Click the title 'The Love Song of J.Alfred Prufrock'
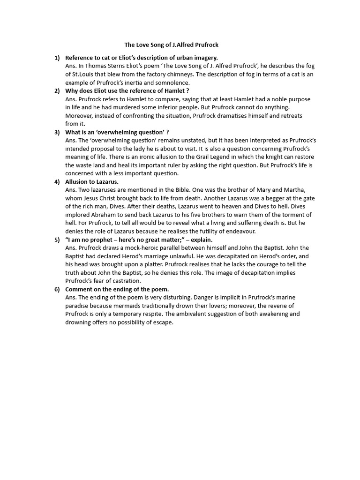(171, 45)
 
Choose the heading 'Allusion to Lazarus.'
(92, 181)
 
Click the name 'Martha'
(305, 190)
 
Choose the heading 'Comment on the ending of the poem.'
(117, 289)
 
